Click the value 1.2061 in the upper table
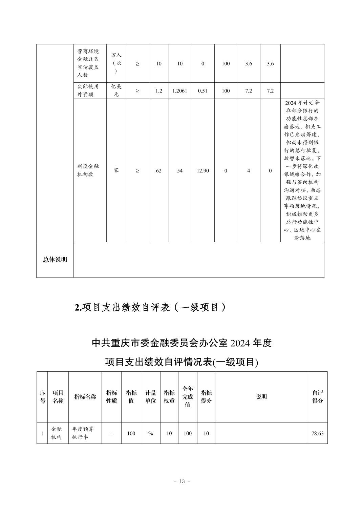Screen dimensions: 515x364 coord(180,91)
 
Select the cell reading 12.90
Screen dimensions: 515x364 coord(202,171)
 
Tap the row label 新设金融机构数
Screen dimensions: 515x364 coord(88,170)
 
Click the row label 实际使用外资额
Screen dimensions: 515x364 coord(88,90)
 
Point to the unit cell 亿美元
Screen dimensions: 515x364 coord(116,90)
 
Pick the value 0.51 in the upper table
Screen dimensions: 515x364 coord(202,91)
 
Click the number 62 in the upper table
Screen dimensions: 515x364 coord(158,171)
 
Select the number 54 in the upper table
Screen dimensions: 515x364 coord(180,171)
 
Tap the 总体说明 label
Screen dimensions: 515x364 coord(55,260)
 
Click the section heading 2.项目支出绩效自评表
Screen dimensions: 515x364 coord(150,307)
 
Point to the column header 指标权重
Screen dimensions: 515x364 coord(169,397)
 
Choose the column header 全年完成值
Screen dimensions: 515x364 coord(188,397)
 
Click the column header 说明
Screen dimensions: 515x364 coord(261,397)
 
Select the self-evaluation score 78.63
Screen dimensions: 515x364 coord(317,433)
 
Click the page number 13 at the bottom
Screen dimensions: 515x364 coord(182,481)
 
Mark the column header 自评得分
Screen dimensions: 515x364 coord(317,397)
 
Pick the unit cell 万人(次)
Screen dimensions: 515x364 coord(116,63)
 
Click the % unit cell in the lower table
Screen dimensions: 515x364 coord(151,433)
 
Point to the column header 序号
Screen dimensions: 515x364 coord(43,397)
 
